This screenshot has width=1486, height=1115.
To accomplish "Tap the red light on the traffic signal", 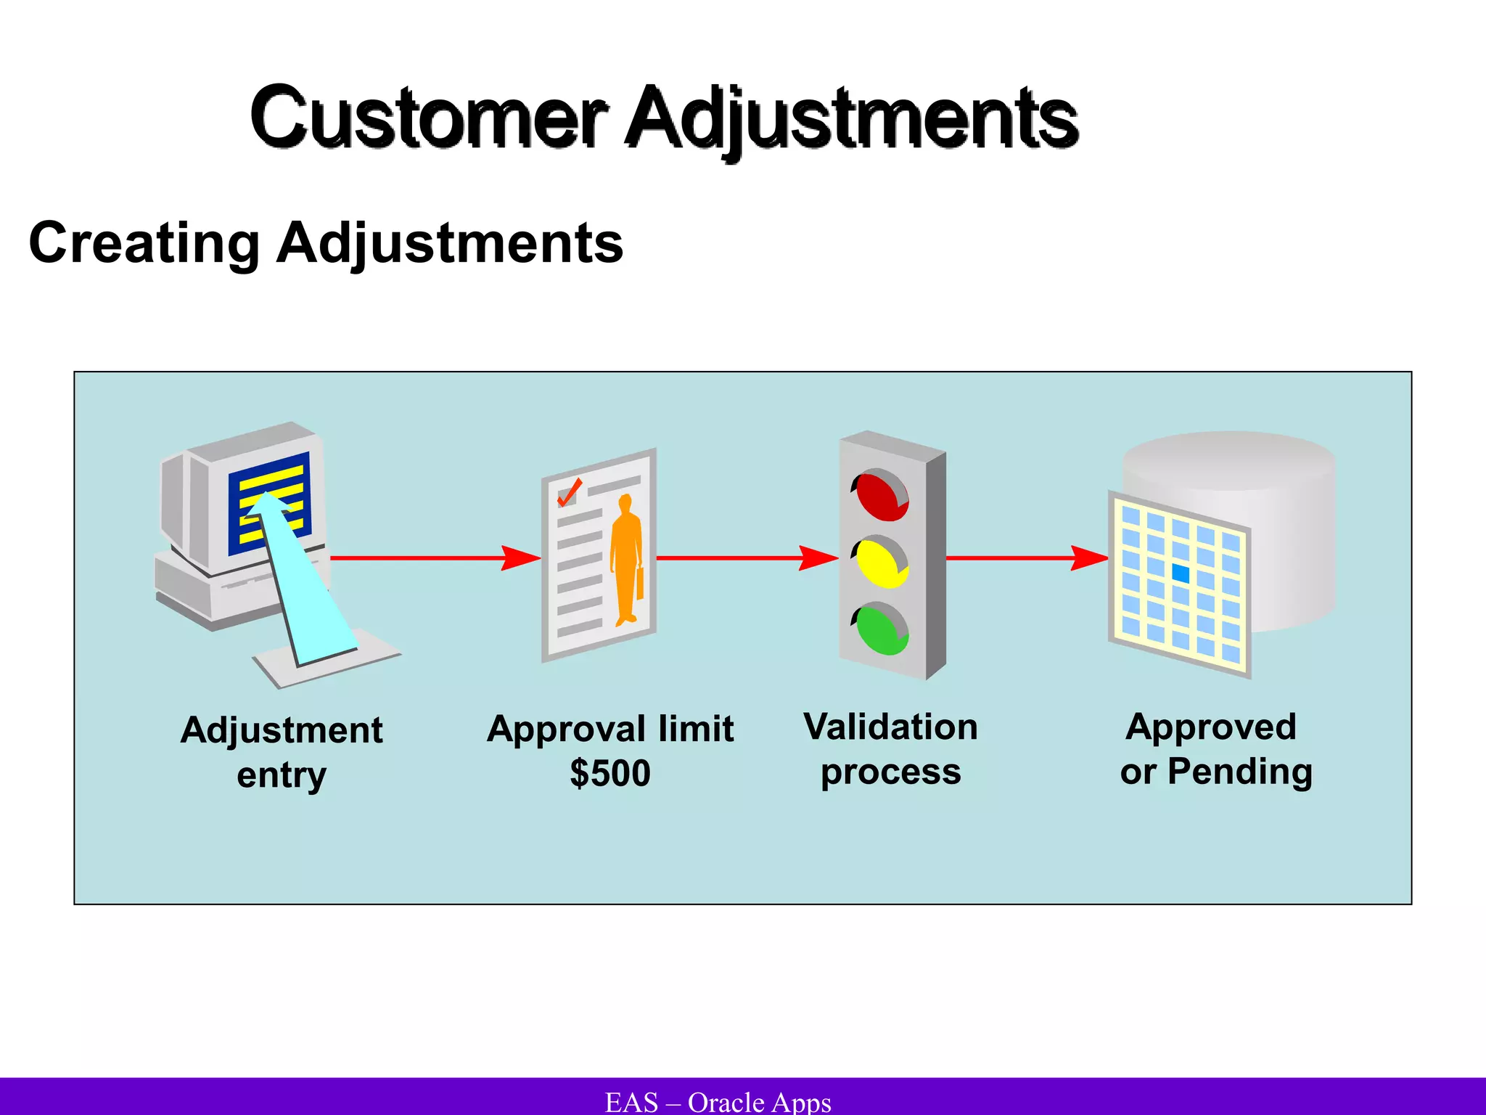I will coord(881,495).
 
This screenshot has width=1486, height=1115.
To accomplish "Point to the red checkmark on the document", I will coord(568,493).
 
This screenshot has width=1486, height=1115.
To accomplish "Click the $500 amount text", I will coord(609,773).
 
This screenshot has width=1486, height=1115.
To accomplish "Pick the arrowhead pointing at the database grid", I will coord(1090,557).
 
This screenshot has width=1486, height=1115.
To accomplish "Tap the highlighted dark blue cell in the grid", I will coord(1181,573).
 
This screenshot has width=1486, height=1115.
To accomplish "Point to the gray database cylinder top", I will coord(1228,457).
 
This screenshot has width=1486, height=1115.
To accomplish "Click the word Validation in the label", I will coord(890,727).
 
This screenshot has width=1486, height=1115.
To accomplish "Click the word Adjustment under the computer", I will coord(282,730).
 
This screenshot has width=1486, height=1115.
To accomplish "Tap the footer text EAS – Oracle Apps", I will coord(718,1102).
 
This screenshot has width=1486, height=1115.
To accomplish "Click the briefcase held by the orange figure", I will coord(640,584).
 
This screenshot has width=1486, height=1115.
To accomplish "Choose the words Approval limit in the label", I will coord(609,729).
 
